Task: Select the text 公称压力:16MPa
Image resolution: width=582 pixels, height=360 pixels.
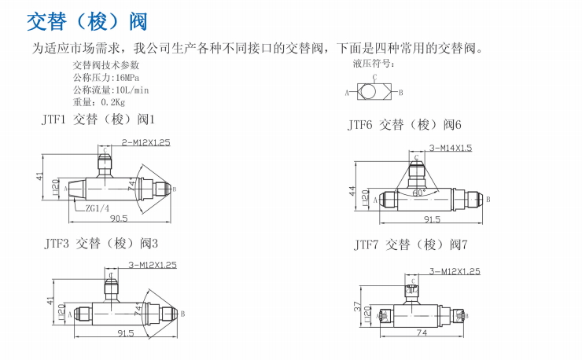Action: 106,78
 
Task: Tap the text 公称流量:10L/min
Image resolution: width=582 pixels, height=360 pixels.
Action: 111,90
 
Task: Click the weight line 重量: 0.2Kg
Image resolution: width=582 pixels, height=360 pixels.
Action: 99,101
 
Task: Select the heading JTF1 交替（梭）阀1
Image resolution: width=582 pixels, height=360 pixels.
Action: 99,119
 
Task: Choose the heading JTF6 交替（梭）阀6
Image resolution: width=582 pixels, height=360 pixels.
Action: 405,124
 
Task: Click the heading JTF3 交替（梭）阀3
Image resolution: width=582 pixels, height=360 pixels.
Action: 101,243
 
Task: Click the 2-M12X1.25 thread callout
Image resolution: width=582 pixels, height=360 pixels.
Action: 145,142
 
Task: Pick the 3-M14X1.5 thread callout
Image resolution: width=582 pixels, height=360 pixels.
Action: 451,147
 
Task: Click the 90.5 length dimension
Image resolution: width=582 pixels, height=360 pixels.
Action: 119,218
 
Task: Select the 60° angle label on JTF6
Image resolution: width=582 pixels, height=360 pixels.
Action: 418,191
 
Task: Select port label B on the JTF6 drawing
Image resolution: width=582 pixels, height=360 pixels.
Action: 488,200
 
